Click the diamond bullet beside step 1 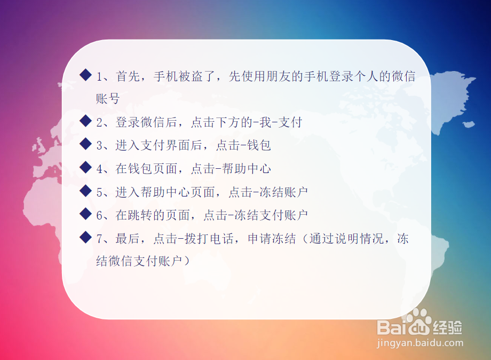click(85, 75)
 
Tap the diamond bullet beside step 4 click(85, 167)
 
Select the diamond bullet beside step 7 click(85, 237)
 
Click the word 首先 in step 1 click(128, 76)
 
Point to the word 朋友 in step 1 click(279, 76)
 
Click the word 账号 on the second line click(108, 99)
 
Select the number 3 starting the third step click(100, 146)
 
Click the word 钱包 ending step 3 click(259, 145)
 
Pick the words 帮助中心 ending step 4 click(247, 169)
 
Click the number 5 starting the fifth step click(100, 192)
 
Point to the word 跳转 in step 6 click(140, 215)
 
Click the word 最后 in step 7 click(128, 239)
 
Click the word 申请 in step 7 click(259, 239)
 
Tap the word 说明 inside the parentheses click(347, 239)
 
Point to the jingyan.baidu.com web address click(420, 343)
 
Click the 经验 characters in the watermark click(447, 328)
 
